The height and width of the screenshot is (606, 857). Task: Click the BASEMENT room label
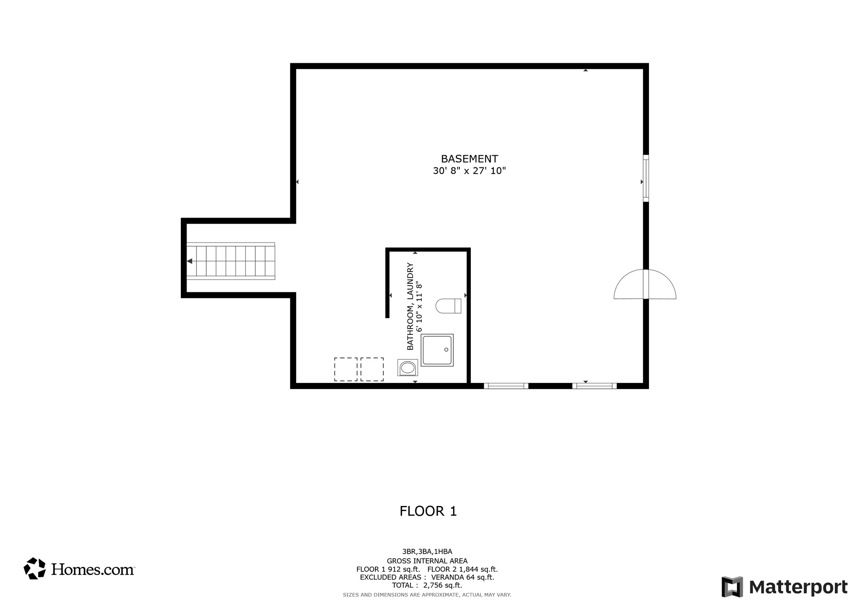click(469, 159)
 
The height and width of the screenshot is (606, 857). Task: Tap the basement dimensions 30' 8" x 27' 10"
click(469, 171)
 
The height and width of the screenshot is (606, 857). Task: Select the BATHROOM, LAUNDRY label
click(411, 306)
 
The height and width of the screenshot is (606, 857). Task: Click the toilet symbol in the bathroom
click(448, 306)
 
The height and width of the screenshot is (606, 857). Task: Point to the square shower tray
click(437, 350)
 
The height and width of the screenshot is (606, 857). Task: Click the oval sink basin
click(408, 368)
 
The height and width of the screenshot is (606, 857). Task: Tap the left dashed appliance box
click(346, 369)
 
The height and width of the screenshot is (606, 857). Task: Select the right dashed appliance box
click(372, 369)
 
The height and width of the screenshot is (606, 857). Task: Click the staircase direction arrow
click(190, 261)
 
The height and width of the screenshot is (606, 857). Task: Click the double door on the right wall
click(645, 285)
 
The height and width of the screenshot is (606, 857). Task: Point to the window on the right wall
click(646, 178)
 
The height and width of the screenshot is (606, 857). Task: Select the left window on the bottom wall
click(506, 386)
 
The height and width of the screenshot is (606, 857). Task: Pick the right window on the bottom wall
click(594, 386)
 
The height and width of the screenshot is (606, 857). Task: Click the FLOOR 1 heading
click(428, 511)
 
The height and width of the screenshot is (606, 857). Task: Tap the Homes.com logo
click(79, 569)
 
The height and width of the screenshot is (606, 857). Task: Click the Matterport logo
click(785, 587)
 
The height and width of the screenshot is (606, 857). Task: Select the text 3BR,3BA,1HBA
click(427, 552)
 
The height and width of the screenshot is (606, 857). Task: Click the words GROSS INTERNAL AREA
click(427, 561)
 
